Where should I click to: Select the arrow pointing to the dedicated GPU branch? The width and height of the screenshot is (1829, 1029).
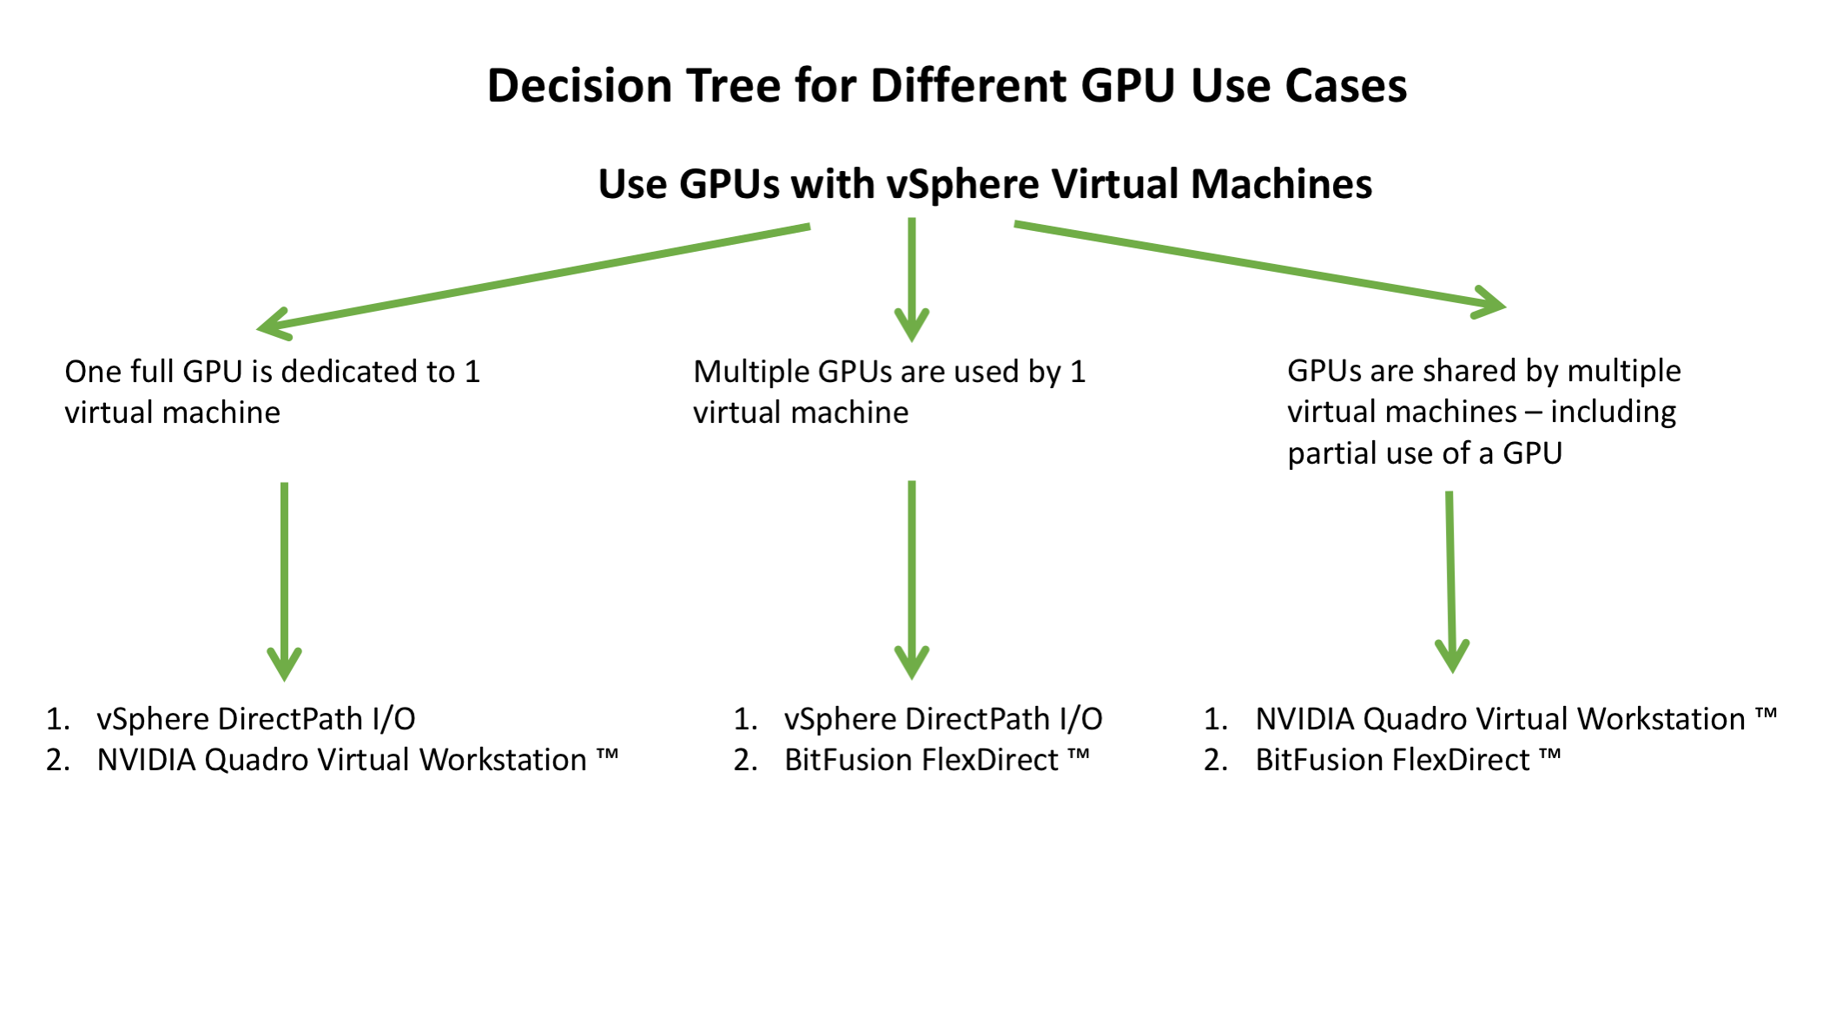click(x=533, y=278)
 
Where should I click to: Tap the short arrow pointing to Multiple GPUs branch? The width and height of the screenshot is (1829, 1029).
click(x=912, y=278)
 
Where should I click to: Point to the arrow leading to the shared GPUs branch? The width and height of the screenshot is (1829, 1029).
click(x=1259, y=266)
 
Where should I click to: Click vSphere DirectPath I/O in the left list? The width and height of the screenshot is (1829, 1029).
click(x=255, y=719)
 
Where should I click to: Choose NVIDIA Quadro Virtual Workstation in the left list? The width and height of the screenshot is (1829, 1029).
click(x=342, y=760)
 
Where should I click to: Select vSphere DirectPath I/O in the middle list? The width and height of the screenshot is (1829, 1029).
click(x=942, y=719)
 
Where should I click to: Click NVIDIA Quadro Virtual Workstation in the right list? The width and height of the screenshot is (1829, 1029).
click(x=1500, y=719)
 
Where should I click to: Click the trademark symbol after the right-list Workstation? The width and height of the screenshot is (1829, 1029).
click(x=1766, y=715)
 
